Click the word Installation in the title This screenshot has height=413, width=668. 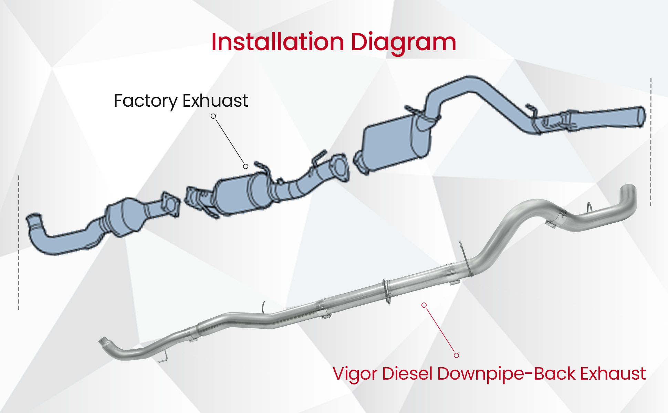(x=278, y=42)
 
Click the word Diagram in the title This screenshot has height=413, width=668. (x=403, y=43)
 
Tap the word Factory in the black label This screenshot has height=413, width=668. (x=145, y=101)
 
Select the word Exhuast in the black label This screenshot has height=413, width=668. (x=215, y=101)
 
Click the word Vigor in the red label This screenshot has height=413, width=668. (x=355, y=374)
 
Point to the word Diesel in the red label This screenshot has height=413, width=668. (x=407, y=374)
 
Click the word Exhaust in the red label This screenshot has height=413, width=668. (x=613, y=374)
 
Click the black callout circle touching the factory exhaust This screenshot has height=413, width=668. (x=246, y=167)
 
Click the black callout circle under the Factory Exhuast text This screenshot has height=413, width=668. (x=213, y=116)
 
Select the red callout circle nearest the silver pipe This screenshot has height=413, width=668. (x=424, y=305)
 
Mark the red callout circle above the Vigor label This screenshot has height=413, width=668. (x=456, y=355)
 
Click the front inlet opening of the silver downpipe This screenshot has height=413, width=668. (x=103, y=342)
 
